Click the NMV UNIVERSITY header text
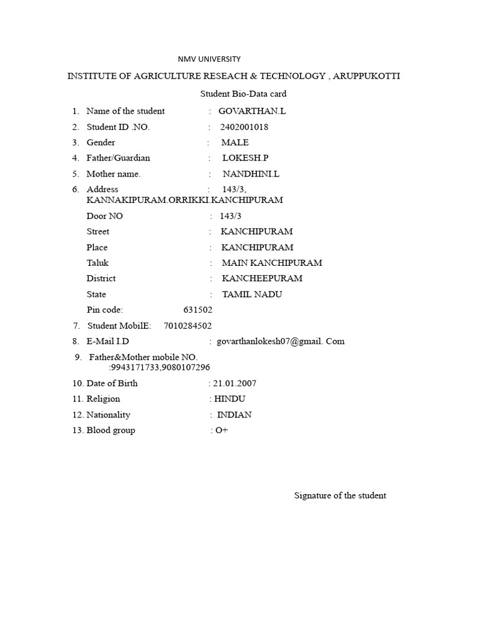(x=209, y=59)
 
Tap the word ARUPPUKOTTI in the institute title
(x=367, y=76)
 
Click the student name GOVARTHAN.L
(x=247, y=111)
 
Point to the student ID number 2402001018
(x=244, y=127)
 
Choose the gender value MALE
(x=235, y=142)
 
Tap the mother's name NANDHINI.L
(x=251, y=174)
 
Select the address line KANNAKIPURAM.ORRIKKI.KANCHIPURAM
(x=185, y=200)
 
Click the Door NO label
(x=105, y=216)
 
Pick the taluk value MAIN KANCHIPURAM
(x=272, y=263)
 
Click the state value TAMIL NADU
(x=252, y=294)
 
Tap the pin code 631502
(x=198, y=310)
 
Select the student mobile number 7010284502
(x=188, y=325)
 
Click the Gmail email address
(x=280, y=341)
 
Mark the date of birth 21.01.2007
(x=235, y=383)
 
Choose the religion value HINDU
(x=230, y=399)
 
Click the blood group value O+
(x=222, y=431)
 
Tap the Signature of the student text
(x=340, y=495)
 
